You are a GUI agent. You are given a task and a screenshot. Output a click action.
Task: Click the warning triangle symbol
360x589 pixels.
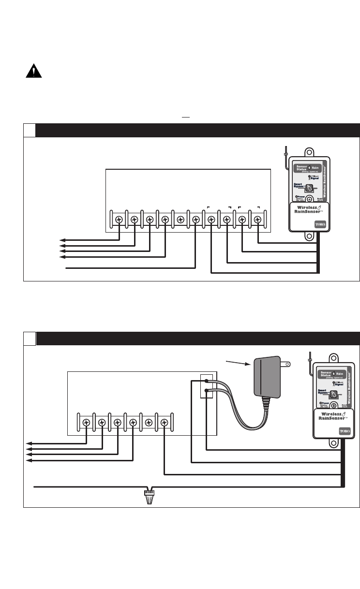click(x=33, y=72)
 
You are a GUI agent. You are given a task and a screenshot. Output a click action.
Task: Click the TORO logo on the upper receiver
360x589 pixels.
click(x=320, y=224)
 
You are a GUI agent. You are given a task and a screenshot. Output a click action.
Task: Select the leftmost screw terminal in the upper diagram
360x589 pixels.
click(x=119, y=220)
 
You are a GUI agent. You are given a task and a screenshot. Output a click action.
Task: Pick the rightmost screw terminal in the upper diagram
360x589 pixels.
click(x=257, y=220)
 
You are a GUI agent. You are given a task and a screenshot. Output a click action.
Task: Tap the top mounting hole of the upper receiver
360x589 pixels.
click(x=309, y=150)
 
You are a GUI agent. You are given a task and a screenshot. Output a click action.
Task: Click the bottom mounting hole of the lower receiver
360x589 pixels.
click(x=333, y=444)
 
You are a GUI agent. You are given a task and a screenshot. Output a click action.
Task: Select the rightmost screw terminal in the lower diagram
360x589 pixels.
click(x=165, y=423)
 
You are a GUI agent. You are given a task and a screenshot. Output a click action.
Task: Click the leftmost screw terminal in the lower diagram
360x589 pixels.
click(x=86, y=423)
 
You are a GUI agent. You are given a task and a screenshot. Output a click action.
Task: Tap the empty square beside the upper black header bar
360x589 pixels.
click(x=30, y=130)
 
